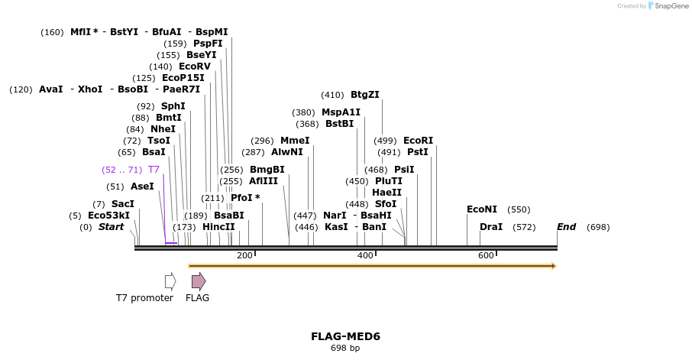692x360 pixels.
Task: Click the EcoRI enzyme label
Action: pyautogui.click(x=418, y=141)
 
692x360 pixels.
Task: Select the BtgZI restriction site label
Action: pyautogui.click(x=364, y=95)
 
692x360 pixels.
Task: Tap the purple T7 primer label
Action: pyautogui.click(x=154, y=170)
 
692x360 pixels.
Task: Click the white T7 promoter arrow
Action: pyautogui.click(x=170, y=281)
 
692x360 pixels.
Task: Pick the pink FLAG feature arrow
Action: pyautogui.click(x=199, y=281)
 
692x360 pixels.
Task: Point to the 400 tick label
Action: pyautogui.click(x=365, y=255)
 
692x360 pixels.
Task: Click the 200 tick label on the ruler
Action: pyautogui.click(x=244, y=255)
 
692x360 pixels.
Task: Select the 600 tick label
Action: pyautogui.click(x=486, y=255)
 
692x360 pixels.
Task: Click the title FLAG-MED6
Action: pyautogui.click(x=345, y=336)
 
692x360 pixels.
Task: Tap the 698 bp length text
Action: pyautogui.click(x=345, y=349)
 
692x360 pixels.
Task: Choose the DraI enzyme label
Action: pyautogui.click(x=491, y=227)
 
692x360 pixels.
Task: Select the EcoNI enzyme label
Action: pyautogui.click(x=482, y=209)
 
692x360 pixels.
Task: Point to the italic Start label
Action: pyautogui.click(x=111, y=227)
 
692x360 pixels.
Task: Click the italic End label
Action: pyautogui.click(x=566, y=227)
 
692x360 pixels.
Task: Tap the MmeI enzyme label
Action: pyautogui.click(x=295, y=141)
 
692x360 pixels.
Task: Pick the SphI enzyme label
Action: pyautogui.click(x=173, y=106)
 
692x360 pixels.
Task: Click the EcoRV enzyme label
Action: pyautogui.click(x=194, y=66)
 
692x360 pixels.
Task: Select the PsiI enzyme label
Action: pyautogui.click(x=404, y=170)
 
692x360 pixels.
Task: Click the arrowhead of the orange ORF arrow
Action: pyautogui.click(x=553, y=266)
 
